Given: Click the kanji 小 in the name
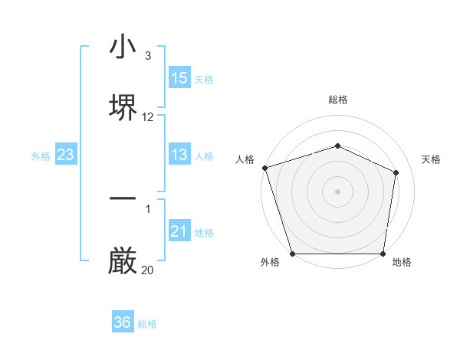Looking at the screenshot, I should pos(123,47).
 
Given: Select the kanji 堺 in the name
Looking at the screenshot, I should pos(123,107).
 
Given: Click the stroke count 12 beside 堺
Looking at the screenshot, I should pos(148,117).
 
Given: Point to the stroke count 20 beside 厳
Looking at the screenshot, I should pos(148,270).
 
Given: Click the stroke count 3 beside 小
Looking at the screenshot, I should pos(148,56).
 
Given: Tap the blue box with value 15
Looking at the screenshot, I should pos(179,78).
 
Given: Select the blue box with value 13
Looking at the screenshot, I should pos(179,155).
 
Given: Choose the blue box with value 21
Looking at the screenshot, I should pos(179,231).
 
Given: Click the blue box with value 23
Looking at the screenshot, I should pos(66,155).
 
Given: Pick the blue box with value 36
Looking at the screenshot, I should pos(123,322).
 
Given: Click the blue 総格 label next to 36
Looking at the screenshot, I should pos(147,324).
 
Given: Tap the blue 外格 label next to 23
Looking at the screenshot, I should pos(41,156).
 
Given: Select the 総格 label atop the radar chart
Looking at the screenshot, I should pos(337,100).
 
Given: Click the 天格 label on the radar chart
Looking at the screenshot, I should pos(431,159).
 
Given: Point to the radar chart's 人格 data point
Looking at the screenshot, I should pos(264,168).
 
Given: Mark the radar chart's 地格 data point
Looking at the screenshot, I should pos(383,254).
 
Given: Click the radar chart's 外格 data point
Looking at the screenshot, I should pos(292,254).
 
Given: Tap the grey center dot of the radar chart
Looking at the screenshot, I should pos(337,191).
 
